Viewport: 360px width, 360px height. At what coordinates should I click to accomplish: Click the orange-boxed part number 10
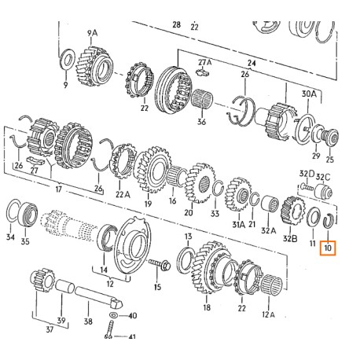(328, 248)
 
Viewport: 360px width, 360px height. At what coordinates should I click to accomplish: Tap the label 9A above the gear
(92, 33)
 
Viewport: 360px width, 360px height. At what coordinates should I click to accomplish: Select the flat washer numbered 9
(68, 57)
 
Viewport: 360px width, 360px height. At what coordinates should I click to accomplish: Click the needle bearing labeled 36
(202, 100)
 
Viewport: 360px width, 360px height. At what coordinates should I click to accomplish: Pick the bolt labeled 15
(160, 265)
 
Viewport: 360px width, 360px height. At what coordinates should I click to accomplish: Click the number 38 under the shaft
(88, 321)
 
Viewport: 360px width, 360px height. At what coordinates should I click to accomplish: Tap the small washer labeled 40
(113, 315)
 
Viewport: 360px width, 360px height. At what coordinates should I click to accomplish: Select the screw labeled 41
(109, 330)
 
